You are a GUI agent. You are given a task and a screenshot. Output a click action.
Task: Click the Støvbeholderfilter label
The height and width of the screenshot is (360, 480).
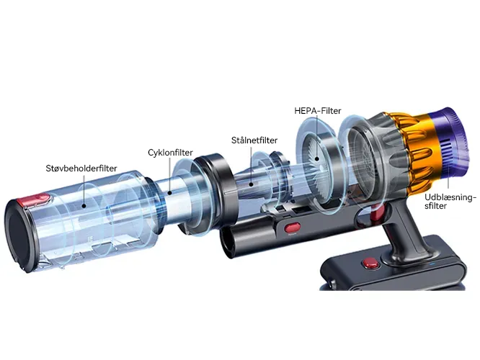81,168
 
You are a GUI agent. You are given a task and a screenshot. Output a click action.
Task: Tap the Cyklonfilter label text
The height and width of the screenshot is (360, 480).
170,153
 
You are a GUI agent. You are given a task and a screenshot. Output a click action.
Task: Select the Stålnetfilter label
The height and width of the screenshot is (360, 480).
254,140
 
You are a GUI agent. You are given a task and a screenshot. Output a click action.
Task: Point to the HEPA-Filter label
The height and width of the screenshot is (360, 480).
317,110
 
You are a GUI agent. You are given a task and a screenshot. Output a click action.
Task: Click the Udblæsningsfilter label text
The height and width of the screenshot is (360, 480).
450,202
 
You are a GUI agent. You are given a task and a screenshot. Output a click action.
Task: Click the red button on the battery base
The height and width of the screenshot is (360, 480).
370,263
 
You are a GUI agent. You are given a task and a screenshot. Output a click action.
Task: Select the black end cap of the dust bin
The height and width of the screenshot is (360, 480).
19,234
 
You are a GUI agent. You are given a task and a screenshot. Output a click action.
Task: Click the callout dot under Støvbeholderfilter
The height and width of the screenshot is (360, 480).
84,205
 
